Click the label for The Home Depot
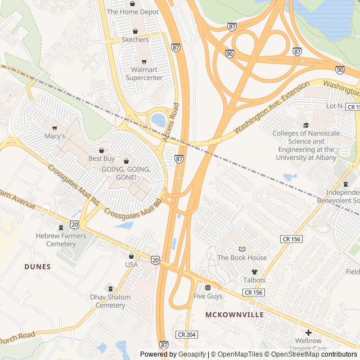(133, 12)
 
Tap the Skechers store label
(135, 40)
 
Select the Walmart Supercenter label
(143, 74)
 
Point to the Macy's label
(55, 136)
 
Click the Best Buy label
(101, 159)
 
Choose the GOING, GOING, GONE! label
(126, 173)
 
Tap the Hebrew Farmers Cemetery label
(61, 240)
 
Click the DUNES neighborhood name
(38, 267)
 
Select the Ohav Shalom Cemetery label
(110, 301)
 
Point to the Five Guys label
(208, 296)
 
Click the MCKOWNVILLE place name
(235, 314)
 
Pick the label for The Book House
(242, 258)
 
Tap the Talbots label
(254, 280)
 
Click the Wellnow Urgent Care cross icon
(309, 332)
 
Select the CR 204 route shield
(187, 334)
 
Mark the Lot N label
(334, 106)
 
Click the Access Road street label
(170, 123)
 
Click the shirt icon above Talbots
(254, 272)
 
